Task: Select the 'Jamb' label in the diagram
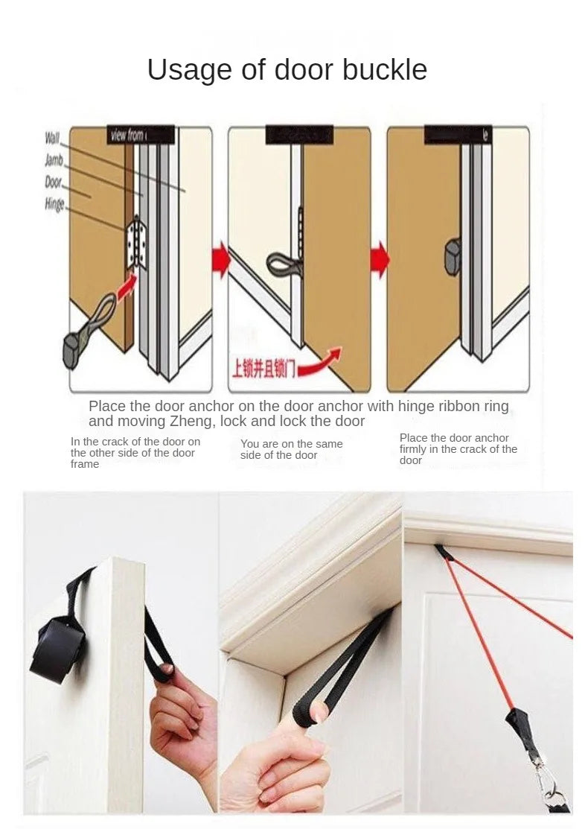(54, 160)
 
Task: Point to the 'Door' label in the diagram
(54, 182)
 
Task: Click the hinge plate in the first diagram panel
(135, 242)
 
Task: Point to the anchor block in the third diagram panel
(452, 255)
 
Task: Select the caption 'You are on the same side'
(291, 449)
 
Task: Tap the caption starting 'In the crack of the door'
(135, 452)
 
